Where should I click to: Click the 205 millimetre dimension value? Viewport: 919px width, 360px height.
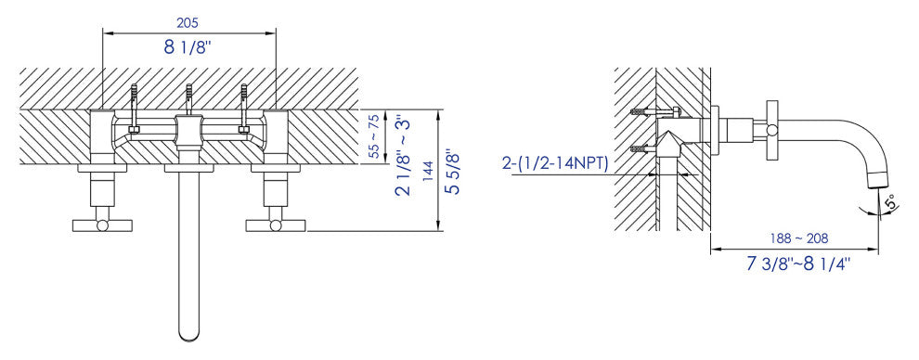[x=188, y=23]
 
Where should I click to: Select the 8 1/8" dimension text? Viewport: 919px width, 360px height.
[x=188, y=47]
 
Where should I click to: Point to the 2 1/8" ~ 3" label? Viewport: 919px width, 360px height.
[x=404, y=158]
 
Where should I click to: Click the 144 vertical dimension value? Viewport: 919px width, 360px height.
[x=429, y=171]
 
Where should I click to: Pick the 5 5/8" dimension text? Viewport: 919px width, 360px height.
[x=452, y=173]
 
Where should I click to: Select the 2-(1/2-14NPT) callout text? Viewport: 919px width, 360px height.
[x=555, y=163]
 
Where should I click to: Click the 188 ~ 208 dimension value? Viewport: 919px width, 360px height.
[x=798, y=238]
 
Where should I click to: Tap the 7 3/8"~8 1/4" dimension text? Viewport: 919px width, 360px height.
[x=798, y=264]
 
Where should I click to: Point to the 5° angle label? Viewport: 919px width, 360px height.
[x=889, y=202]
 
